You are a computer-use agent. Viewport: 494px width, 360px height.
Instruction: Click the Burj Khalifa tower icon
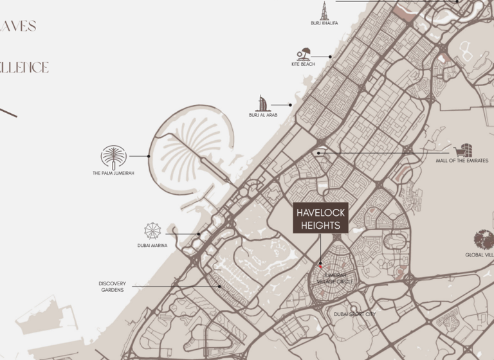pos(324,10)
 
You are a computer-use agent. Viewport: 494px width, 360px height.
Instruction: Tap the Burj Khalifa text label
pos(324,23)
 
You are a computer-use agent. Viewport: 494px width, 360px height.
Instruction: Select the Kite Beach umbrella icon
pos(304,55)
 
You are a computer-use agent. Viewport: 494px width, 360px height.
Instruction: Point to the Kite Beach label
pos(303,64)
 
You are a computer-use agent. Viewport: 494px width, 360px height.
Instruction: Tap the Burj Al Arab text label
pos(263,115)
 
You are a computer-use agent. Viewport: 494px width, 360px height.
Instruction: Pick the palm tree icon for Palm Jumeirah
pos(113,157)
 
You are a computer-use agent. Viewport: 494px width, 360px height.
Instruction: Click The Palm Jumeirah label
pos(113,173)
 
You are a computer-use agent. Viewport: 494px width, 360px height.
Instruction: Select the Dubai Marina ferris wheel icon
pos(152,231)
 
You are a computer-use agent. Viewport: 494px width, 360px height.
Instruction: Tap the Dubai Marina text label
pos(152,245)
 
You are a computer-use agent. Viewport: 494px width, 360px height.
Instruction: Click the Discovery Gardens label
pos(112,287)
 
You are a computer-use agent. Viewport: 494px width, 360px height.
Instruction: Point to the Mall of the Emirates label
pos(462,161)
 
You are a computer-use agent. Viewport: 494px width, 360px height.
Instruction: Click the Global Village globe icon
pos(484,240)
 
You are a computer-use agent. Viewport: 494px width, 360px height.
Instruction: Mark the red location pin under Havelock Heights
pos(320,265)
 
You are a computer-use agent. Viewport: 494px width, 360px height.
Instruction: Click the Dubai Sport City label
pos(354,314)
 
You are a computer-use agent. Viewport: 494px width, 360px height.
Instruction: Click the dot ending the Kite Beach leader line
pos(331,57)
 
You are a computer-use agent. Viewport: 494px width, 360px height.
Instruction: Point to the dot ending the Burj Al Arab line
pos(290,104)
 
